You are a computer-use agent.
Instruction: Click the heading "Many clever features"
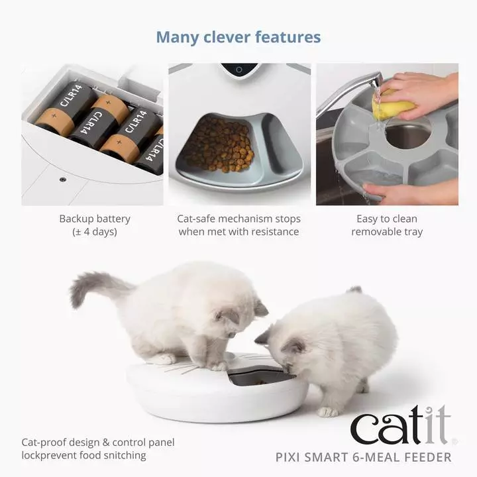coord(238,37)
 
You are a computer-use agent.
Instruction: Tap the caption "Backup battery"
coord(95,219)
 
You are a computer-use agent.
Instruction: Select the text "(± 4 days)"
coord(95,232)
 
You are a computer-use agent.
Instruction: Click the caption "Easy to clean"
coord(387,219)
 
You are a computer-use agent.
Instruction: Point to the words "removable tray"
coord(387,232)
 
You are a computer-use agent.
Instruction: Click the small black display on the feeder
coord(239,69)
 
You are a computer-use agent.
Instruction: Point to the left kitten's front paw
coord(219,365)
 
